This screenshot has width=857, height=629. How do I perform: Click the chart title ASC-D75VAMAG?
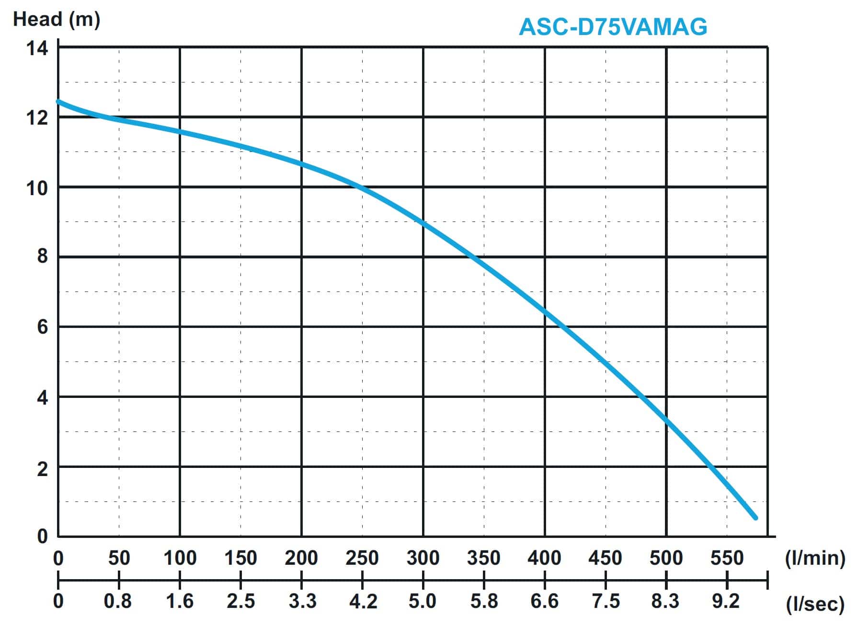613,27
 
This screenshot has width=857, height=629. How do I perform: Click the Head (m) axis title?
57,20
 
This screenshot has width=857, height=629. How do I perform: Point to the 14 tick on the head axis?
37,48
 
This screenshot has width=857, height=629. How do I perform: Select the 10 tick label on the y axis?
37,188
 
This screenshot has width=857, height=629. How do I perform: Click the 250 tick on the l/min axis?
362,558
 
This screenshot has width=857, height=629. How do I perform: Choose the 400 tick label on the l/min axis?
544,558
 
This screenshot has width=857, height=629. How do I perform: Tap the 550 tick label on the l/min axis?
727,558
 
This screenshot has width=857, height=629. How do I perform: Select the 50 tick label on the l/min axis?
119,558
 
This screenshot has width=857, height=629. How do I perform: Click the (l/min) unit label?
815,559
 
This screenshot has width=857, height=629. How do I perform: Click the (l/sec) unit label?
815,605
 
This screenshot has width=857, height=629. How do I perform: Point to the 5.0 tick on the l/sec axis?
423,601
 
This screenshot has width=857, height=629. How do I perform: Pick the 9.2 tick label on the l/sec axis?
726,601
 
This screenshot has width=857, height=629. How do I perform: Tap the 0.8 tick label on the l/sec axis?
118,601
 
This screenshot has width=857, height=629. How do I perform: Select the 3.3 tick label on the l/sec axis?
302,601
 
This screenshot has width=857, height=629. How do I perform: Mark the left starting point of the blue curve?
58,102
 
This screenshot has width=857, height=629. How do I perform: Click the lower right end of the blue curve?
755,518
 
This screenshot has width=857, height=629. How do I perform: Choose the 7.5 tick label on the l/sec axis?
606,601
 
